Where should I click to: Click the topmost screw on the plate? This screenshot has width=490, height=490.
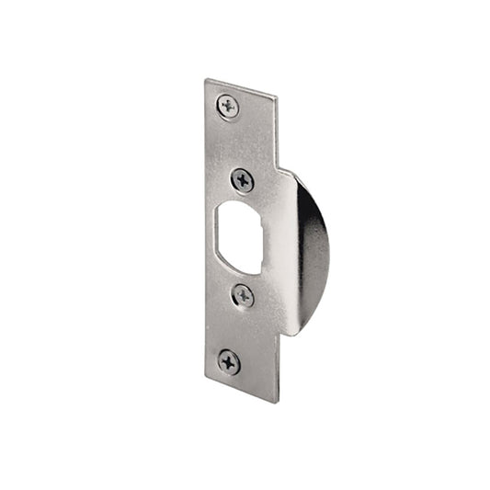click(x=228, y=107)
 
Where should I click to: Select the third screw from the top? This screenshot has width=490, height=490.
click(x=243, y=296)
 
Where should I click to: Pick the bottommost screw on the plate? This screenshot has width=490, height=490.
click(x=229, y=361)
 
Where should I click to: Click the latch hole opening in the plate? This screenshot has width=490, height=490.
click(x=240, y=237)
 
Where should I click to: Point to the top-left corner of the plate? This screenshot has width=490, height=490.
click(x=206, y=80)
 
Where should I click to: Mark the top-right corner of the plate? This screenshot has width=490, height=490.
click(x=278, y=93)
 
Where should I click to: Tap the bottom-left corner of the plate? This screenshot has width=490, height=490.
click(x=205, y=380)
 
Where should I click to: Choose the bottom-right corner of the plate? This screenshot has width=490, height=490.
click(x=277, y=402)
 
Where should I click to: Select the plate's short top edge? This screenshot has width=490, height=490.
click(x=242, y=86)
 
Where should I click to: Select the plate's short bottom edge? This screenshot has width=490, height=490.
click(x=241, y=392)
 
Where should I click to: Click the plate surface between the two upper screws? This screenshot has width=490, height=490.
click(x=237, y=142)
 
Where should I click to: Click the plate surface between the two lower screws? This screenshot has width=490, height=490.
click(x=237, y=329)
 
